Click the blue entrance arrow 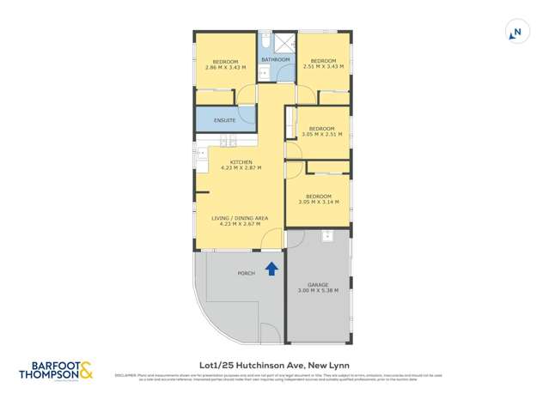tap(272, 269)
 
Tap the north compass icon tap(515, 33)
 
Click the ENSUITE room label tap(226, 120)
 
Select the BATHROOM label tap(276, 59)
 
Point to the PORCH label tap(246, 273)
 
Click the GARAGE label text tap(318, 284)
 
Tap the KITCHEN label tap(241, 162)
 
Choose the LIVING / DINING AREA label tap(240, 218)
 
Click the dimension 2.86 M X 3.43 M tap(225, 67)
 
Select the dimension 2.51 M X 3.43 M tap(322, 67)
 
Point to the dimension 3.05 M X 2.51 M tap(322, 135)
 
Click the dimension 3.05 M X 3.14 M tap(319, 203)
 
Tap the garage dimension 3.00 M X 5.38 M tap(318, 291)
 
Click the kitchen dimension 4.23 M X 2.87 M tap(241, 168)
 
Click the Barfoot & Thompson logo tap(55, 370)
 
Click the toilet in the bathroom tap(265, 41)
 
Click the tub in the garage tap(326, 236)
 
